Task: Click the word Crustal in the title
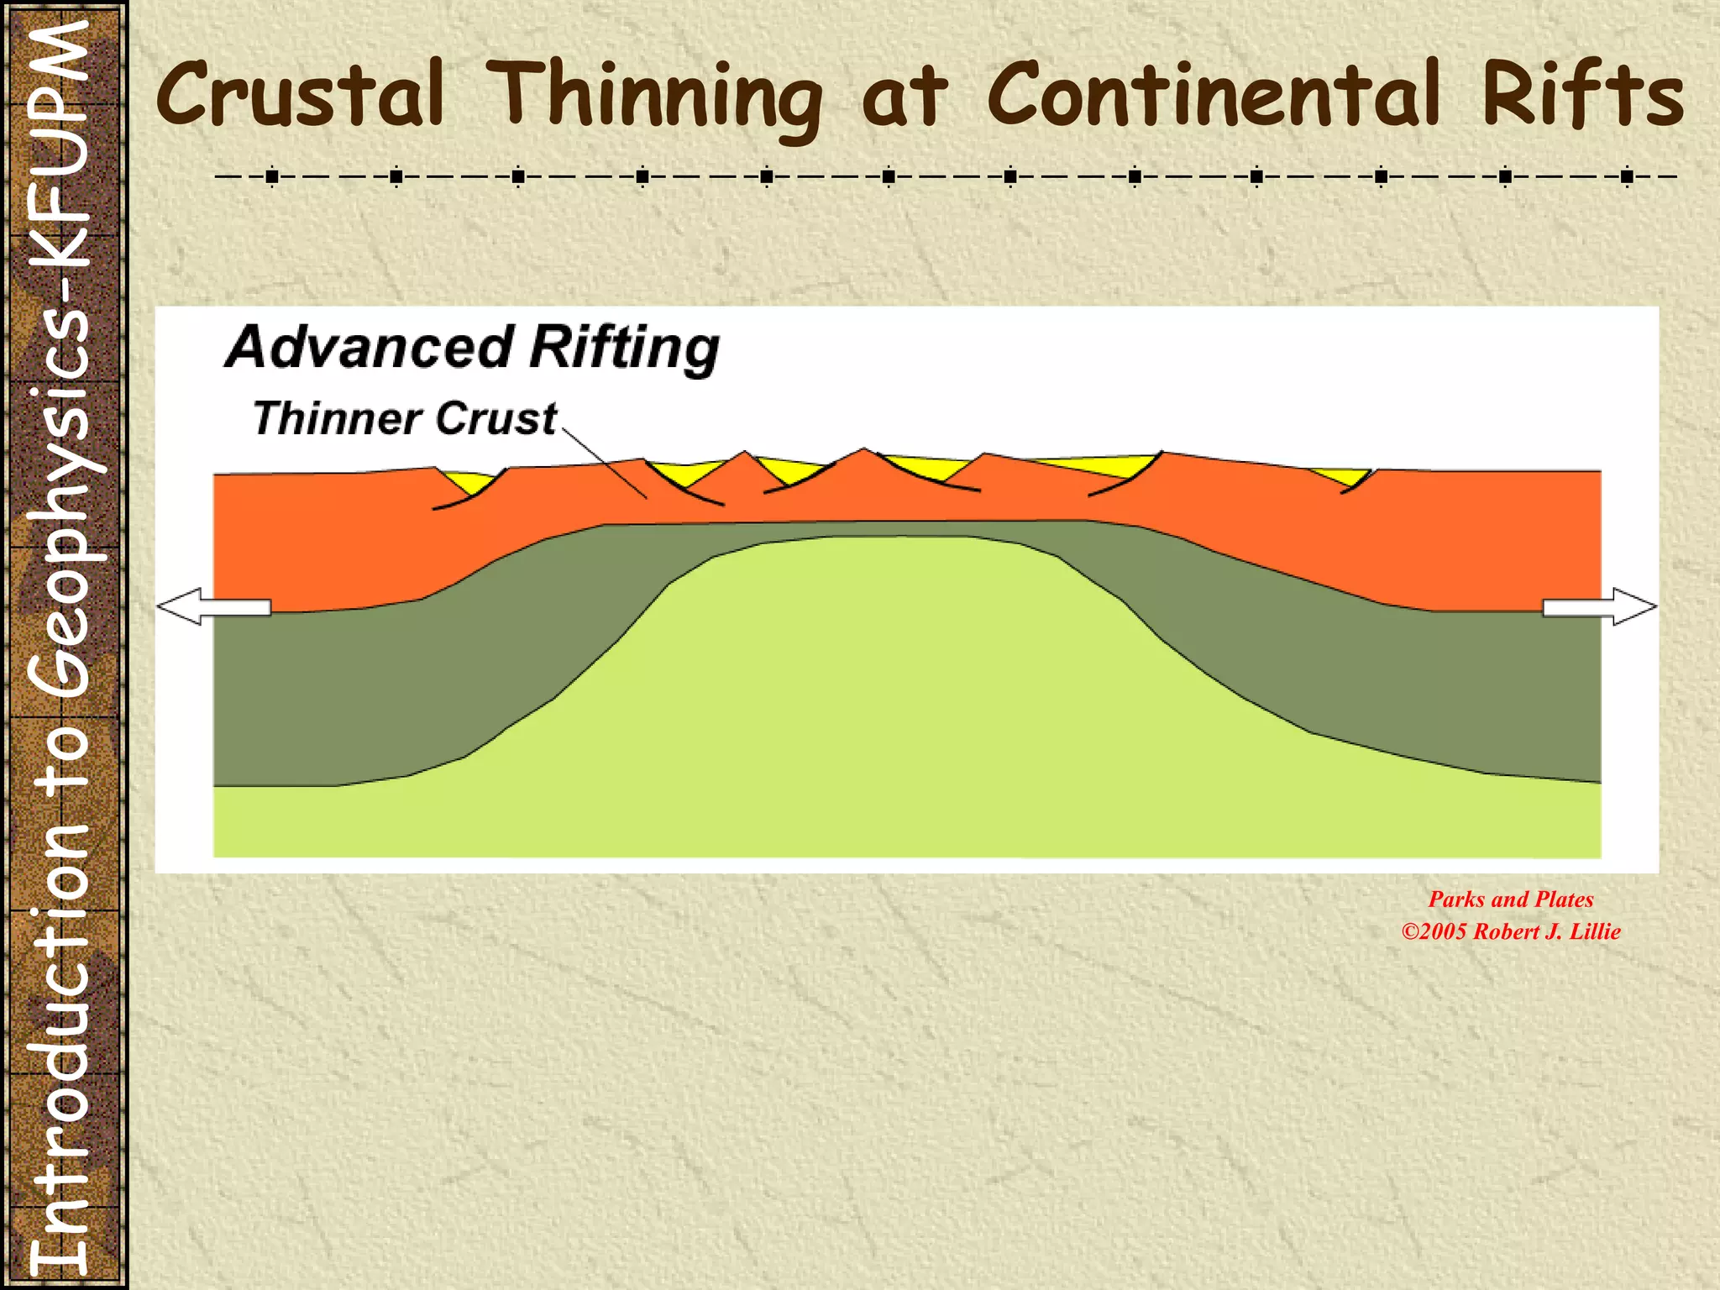(x=299, y=94)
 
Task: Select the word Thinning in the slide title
(x=654, y=97)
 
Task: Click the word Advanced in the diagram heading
(x=369, y=347)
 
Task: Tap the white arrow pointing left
(x=213, y=606)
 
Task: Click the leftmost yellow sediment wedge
(x=470, y=481)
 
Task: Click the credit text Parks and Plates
(x=1510, y=899)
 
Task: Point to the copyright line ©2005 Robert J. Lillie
(x=1510, y=931)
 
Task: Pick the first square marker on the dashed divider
(x=272, y=177)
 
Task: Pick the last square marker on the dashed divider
(x=1628, y=177)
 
